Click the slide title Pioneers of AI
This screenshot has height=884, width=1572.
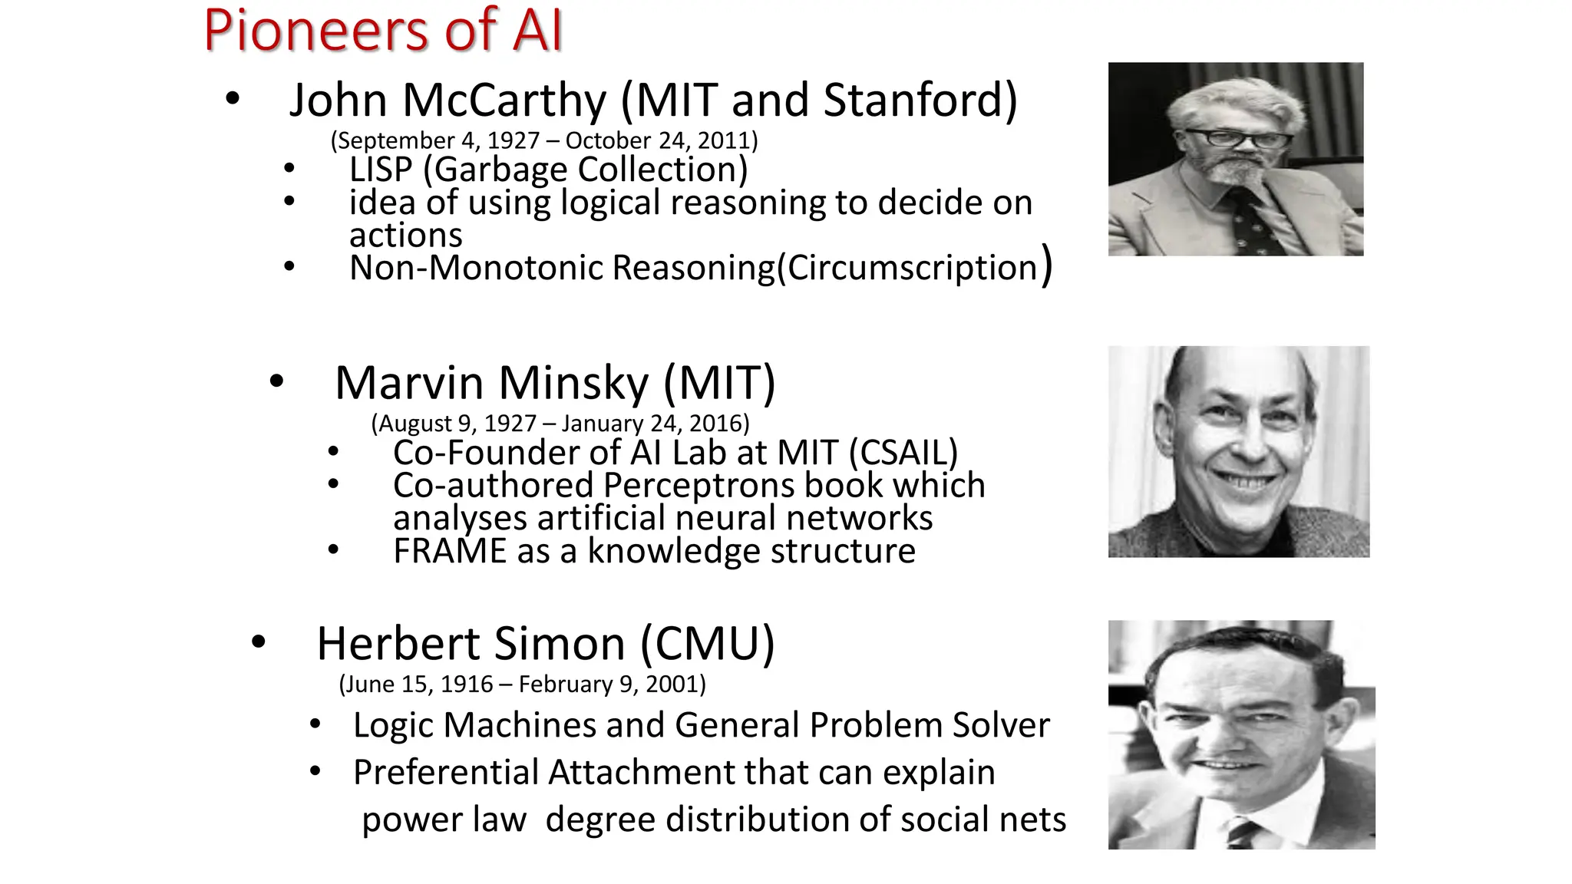pos(383,31)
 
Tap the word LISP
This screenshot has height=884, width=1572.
pos(381,170)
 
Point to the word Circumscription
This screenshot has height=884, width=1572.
pos(912,268)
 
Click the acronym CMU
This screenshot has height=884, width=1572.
pos(708,643)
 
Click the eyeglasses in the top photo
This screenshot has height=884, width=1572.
pos(1237,139)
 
